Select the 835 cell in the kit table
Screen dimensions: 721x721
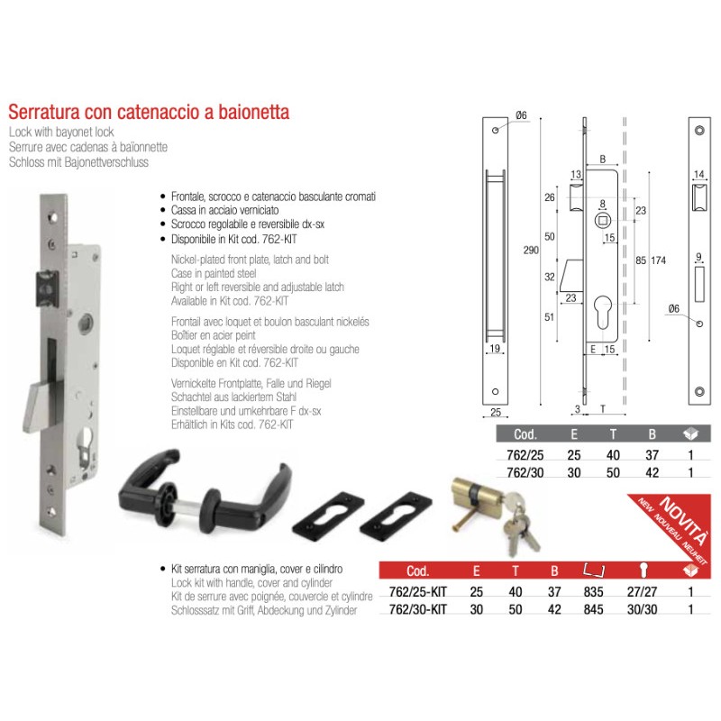point(592,592)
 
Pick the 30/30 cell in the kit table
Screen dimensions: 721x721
point(642,608)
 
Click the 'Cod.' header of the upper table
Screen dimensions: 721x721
point(525,437)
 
